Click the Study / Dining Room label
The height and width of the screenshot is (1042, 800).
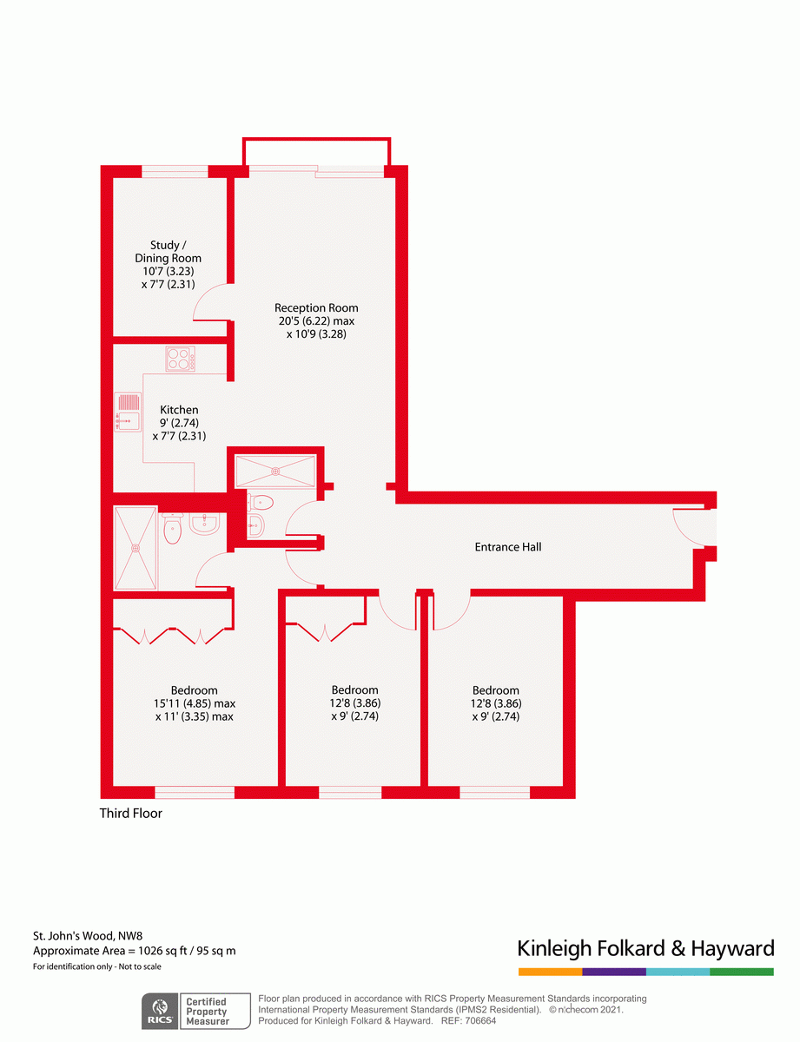(168, 252)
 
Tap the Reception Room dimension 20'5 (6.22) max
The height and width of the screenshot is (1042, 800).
(316, 320)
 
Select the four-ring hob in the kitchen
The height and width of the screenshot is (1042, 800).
(181, 358)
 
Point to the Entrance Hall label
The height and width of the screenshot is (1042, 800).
(508, 547)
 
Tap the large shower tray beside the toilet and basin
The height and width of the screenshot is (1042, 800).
(136, 548)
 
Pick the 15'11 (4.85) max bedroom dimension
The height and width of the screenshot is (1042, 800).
(195, 703)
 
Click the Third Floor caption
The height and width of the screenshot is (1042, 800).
(131, 814)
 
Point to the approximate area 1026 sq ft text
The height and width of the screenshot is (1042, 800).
(134, 951)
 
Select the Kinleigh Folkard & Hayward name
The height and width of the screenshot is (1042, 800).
(645, 947)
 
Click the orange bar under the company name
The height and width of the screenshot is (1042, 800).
(550, 972)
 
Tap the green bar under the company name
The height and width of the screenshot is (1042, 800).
(741, 972)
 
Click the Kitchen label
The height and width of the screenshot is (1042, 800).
(179, 410)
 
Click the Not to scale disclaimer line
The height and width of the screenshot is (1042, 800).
(97, 966)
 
